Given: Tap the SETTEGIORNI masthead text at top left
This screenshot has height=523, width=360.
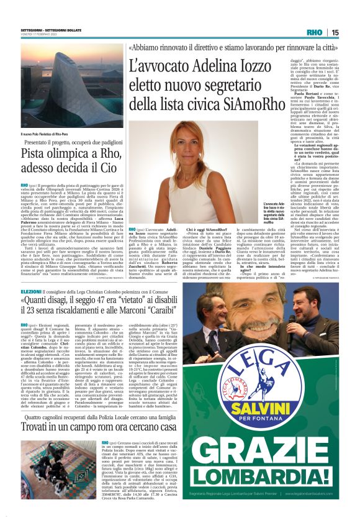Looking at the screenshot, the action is (x=31, y=29).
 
